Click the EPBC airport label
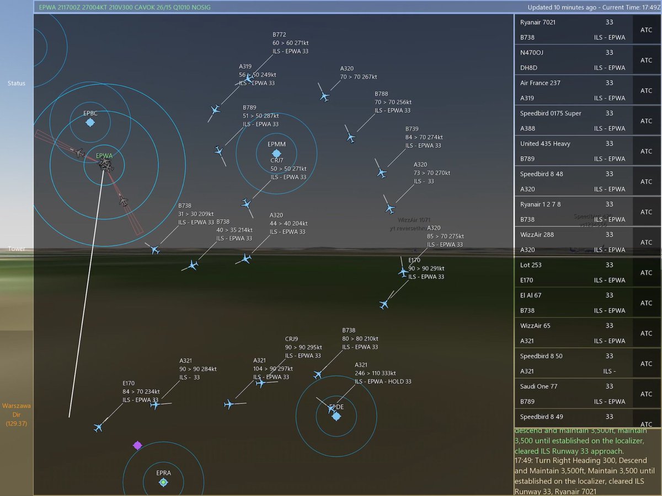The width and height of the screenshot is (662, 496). pyautogui.click(x=90, y=113)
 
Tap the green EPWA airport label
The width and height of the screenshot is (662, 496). pyautogui.click(x=104, y=156)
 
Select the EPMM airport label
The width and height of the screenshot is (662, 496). pyautogui.click(x=276, y=144)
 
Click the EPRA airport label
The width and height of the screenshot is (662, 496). pyautogui.click(x=163, y=473)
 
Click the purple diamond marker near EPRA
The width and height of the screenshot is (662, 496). pyautogui.click(x=137, y=445)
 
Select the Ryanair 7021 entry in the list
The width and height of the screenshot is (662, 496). pyautogui.click(x=538, y=22)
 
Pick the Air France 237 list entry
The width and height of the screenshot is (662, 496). pyautogui.click(x=540, y=83)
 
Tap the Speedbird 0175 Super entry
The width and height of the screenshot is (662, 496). pyautogui.click(x=551, y=113)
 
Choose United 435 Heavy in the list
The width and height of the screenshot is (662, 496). pyautogui.click(x=545, y=143)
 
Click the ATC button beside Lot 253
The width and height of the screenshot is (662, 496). pyautogui.click(x=646, y=273)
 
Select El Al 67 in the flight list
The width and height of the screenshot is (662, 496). pyautogui.click(x=531, y=295)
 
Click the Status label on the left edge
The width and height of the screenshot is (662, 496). pyautogui.click(x=17, y=83)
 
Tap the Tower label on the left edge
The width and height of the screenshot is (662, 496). pyautogui.click(x=17, y=249)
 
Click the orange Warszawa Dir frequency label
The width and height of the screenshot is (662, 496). pyautogui.click(x=17, y=414)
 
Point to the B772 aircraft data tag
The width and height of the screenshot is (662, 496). pyautogui.click(x=290, y=42)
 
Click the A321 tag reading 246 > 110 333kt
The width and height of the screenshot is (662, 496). pyautogui.click(x=382, y=373)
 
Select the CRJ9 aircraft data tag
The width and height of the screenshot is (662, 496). pyautogui.click(x=303, y=347)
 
